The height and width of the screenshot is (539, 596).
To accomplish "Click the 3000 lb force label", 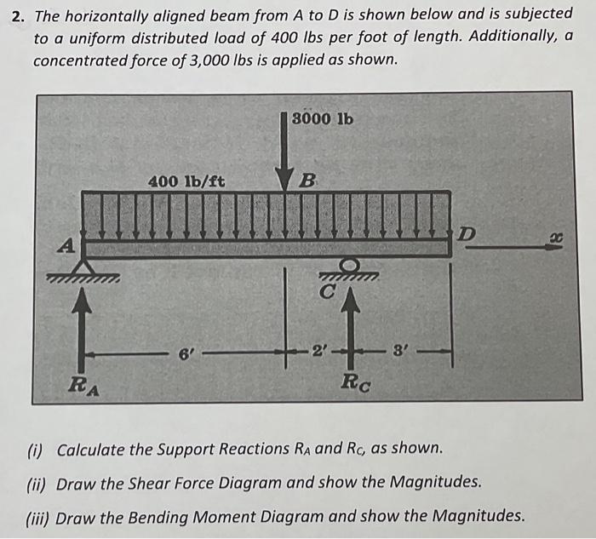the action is click(322, 118).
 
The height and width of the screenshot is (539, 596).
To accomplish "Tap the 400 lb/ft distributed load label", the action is click(186, 181).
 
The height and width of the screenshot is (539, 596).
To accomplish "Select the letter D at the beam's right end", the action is click(469, 232).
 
